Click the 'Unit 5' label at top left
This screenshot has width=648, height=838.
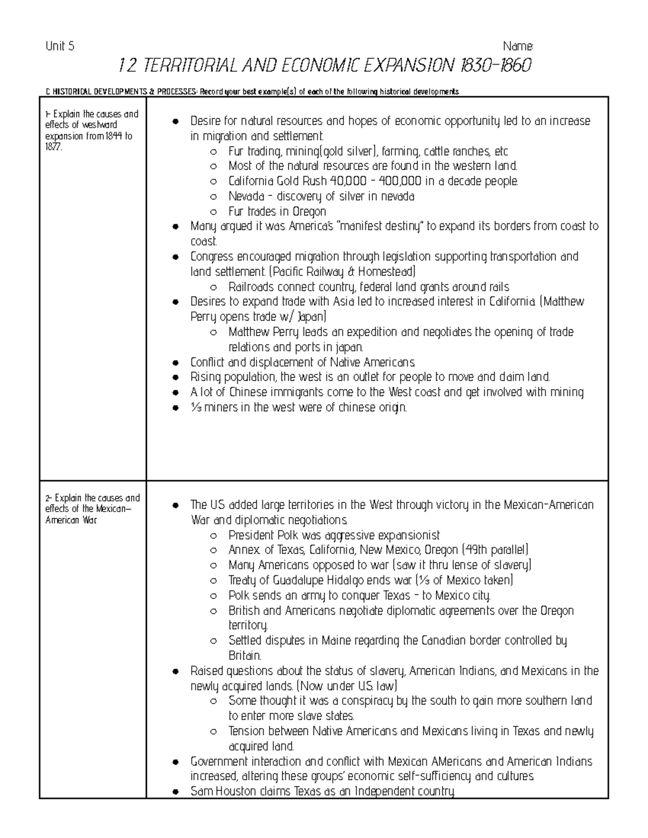pos(60,46)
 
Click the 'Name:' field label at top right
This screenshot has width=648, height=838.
pos(518,46)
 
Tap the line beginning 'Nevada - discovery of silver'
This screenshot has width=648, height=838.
pos(321,196)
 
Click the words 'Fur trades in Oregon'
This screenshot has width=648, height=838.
pos(277,212)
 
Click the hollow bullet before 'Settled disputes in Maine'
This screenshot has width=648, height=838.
pos(214,641)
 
